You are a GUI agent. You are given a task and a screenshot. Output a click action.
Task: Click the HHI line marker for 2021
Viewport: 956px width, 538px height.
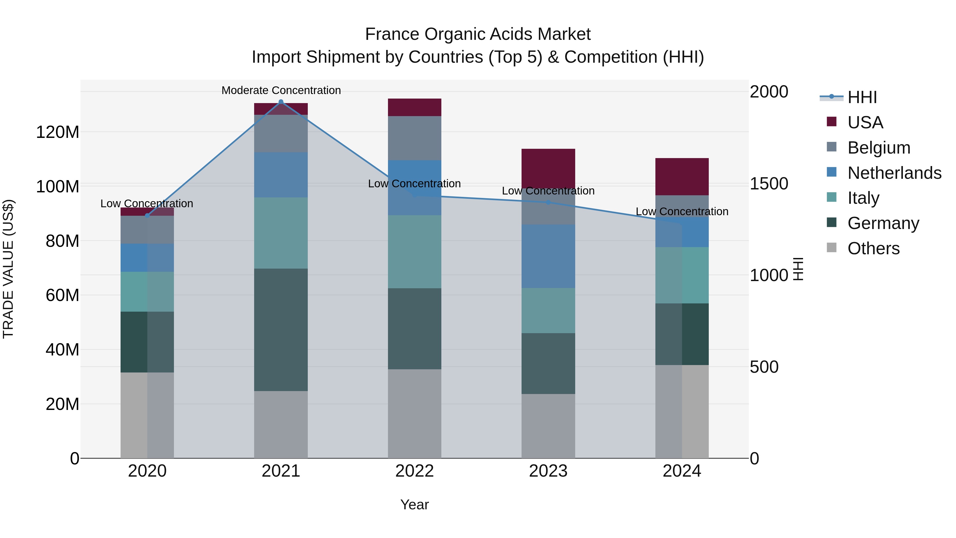(x=281, y=102)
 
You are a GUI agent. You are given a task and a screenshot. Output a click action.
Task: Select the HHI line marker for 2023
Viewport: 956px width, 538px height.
(x=548, y=202)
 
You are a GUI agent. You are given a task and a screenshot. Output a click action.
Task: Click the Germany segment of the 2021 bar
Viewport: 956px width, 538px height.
(x=281, y=330)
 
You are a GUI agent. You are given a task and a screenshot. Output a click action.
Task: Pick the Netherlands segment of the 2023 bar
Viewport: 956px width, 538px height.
(x=548, y=256)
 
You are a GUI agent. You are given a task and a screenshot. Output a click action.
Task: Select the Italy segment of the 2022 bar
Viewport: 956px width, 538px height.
(x=415, y=252)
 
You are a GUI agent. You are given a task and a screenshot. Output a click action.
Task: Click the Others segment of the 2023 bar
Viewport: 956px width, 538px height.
(x=548, y=426)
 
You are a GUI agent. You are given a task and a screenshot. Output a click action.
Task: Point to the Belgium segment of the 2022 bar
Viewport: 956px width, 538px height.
(x=415, y=138)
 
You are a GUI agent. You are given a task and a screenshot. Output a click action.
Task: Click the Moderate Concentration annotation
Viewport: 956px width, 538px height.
(x=281, y=90)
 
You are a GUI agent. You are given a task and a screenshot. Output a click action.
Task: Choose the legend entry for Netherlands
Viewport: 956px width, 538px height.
(x=894, y=173)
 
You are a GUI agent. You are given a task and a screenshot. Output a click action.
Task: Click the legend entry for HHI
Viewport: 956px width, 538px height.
(x=862, y=97)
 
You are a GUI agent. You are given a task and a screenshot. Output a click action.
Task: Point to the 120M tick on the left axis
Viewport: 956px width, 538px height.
(x=58, y=132)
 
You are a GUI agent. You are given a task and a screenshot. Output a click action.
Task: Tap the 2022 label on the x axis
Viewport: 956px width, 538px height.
(x=415, y=471)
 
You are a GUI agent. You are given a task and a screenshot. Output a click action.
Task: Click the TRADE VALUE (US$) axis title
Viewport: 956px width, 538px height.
(x=8, y=269)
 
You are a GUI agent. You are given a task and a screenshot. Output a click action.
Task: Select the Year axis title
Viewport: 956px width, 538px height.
(x=415, y=505)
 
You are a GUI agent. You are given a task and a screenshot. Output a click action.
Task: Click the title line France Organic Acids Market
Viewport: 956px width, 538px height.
(x=478, y=34)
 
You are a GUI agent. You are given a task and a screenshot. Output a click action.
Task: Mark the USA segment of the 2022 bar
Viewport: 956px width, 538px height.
(x=415, y=107)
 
